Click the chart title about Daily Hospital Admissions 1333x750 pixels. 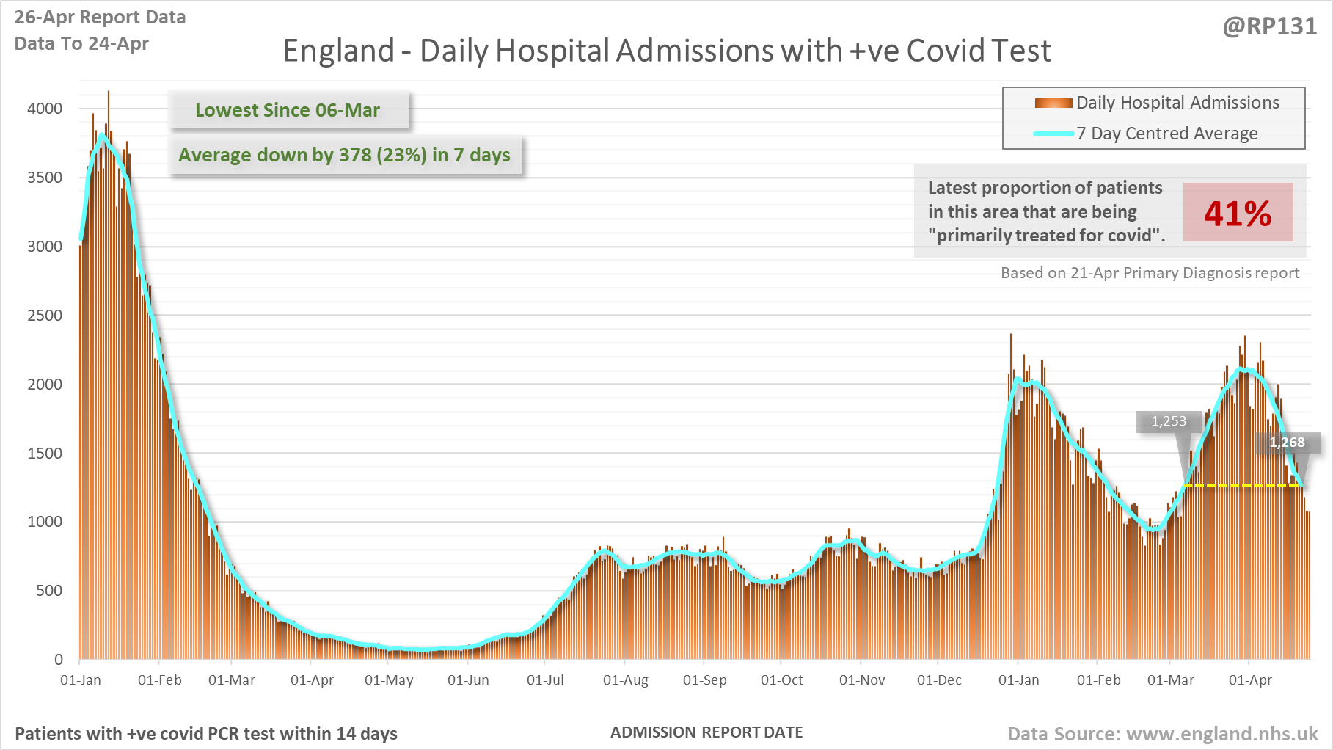coord(666,51)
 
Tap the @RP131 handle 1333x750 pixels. coord(1269,26)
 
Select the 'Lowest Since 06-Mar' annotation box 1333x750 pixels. coord(288,110)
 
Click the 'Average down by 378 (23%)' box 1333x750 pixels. coord(345,155)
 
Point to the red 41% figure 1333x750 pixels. coord(1238,213)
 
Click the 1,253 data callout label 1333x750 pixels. coord(1169,421)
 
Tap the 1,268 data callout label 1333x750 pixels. coord(1287,443)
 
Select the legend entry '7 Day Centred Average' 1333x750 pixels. coord(1166,134)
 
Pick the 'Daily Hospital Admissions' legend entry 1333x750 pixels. coord(1177,103)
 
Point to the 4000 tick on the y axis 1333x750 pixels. coord(45,109)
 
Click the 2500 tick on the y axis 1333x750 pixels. coord(45,316)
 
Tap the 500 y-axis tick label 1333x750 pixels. coord(49,591)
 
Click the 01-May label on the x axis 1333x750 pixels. coord(389,680)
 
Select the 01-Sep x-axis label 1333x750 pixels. coord(704,680)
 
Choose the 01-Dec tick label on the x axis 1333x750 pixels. coord(939,680)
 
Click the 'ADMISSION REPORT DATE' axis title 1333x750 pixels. coord(706,732)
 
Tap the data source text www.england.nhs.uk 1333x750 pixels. coord(1221,734)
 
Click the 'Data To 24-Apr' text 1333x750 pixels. coord(81,44)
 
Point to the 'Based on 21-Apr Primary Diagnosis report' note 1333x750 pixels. coord(1150,273)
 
